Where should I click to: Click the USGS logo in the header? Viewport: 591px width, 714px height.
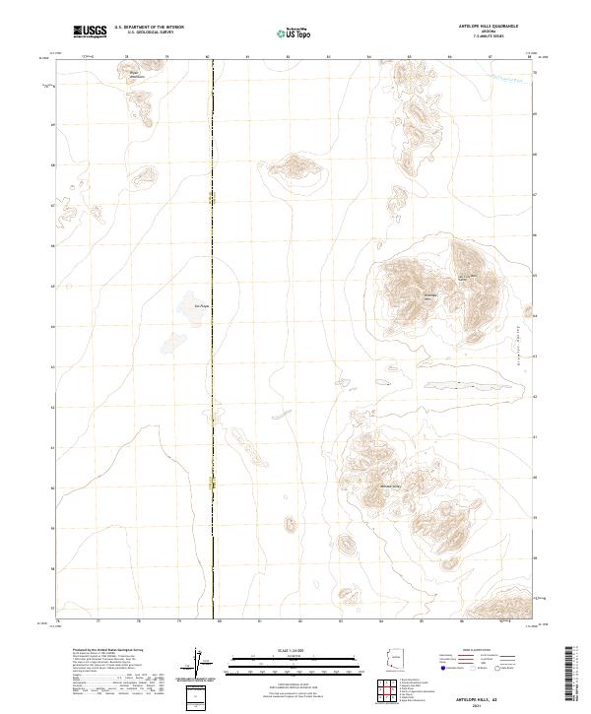point(91,32)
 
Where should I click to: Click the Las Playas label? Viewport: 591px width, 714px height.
point(202,305)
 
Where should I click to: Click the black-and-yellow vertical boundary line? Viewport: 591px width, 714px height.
point(213,394)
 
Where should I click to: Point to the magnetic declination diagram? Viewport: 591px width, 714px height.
point(195,663)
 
